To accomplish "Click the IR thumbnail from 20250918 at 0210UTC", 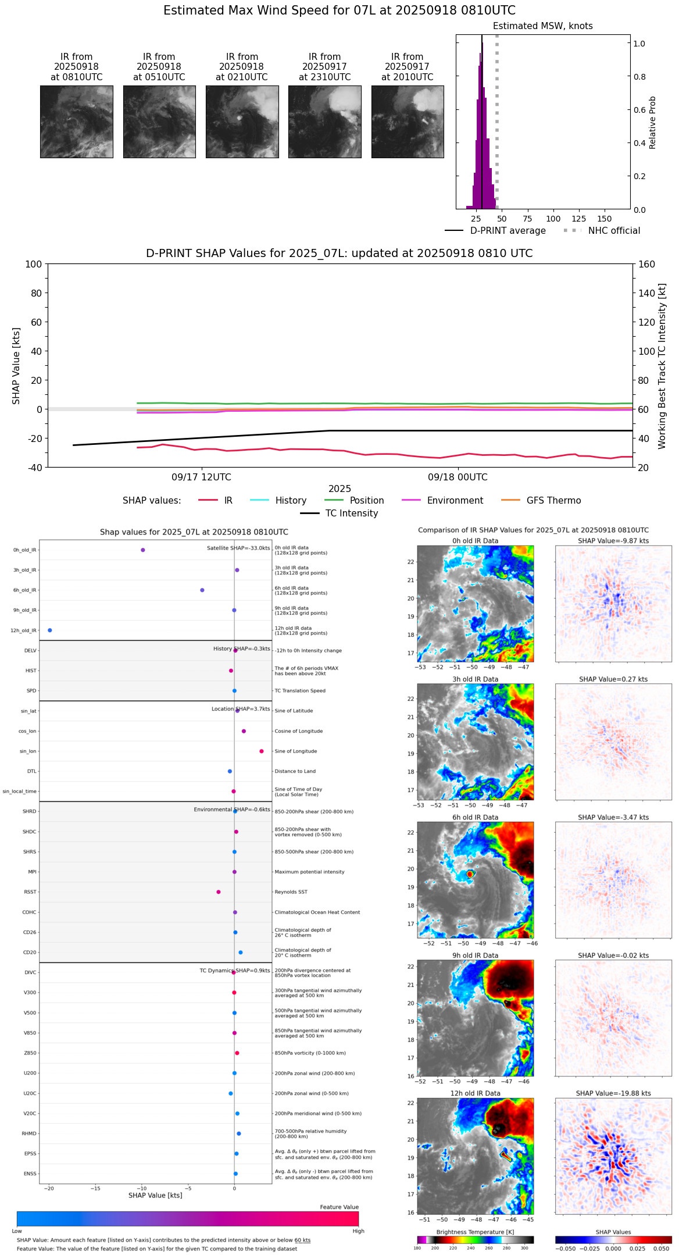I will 242,122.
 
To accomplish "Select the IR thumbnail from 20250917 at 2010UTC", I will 408,122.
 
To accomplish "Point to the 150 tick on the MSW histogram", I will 605,219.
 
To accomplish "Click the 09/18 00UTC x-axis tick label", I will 458,477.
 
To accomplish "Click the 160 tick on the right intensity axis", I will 647,265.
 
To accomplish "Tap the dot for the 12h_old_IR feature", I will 50,630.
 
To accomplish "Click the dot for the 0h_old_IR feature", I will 143,550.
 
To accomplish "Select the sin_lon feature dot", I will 262,751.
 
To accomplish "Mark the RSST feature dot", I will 219,892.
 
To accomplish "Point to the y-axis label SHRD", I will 29,812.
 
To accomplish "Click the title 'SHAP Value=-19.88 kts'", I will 613,1094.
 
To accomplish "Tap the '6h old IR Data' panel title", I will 475,818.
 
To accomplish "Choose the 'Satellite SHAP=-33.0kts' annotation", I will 238,548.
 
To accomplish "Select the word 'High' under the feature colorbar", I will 358,1231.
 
